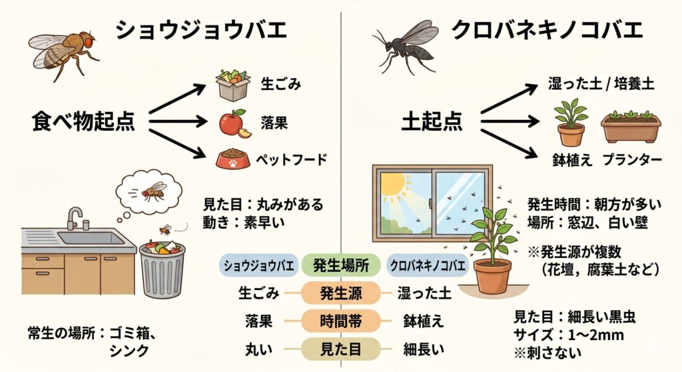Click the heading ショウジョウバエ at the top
201,31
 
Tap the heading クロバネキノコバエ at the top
547,31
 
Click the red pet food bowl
233,159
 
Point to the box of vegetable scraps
233,85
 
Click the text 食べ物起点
83,121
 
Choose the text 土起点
432,121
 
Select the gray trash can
162,269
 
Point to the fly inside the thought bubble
153,191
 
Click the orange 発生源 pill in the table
341,293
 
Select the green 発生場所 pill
341,265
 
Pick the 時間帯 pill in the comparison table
341,321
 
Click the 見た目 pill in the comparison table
341,349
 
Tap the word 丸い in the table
259,349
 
